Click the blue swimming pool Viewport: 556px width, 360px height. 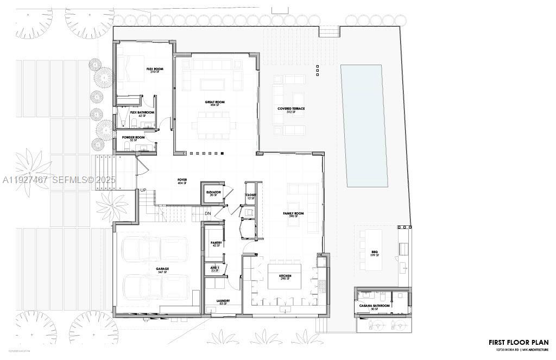tap(364, 125)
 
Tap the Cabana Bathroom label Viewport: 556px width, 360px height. tap(375, 306)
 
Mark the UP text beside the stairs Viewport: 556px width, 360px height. tap(143, 191)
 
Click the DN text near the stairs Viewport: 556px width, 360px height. tap(208, 213)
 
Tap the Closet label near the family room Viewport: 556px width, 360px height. tap(251, 195)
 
